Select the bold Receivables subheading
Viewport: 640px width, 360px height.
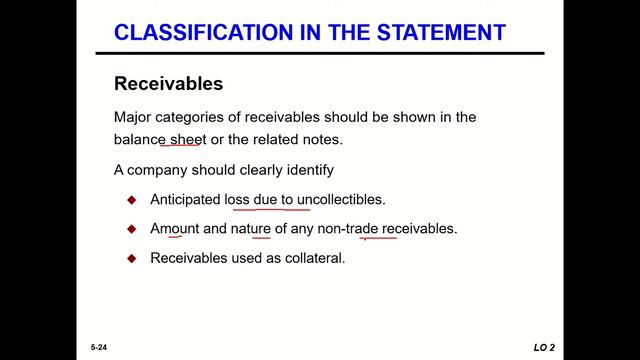(x=168, y=83)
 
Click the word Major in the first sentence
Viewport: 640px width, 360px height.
(x=134, y=117)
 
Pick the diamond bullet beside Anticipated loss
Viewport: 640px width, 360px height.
(x=131, y=199)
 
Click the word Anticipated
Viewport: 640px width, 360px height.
(x=185, y=199)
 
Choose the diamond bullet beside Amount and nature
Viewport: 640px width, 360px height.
(x=131, y=228)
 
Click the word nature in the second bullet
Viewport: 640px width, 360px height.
(x=254, y=228)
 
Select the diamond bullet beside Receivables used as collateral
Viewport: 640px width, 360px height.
(x=131, y=257)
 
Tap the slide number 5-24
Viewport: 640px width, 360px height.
(x=96, y=347)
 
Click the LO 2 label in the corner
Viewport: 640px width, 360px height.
(x=544, y=347)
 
